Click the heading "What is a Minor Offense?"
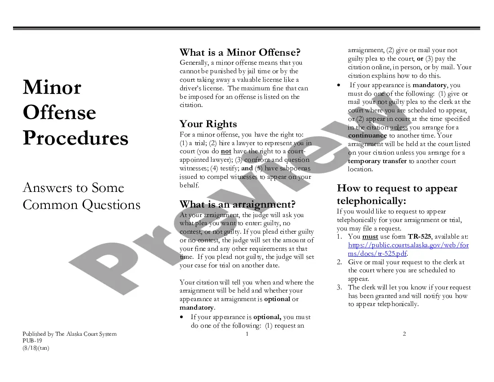tap(240, 53)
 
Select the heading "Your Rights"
tap(208, 124)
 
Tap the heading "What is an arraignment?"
tap(237, 204)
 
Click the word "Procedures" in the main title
tap(75, 138)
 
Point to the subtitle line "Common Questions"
tap(81, 205)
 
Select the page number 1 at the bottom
tap(247, 334)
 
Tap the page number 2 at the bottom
tap(404, 334)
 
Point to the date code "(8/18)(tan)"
tap(36, 348)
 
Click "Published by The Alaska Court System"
tap(70, 334)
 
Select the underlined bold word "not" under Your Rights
tap(226, 151)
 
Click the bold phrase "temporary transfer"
tap(377, 161)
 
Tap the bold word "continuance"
tap(367, 135)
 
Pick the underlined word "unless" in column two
tap(399, 127)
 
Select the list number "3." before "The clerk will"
tap(340, 288)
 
